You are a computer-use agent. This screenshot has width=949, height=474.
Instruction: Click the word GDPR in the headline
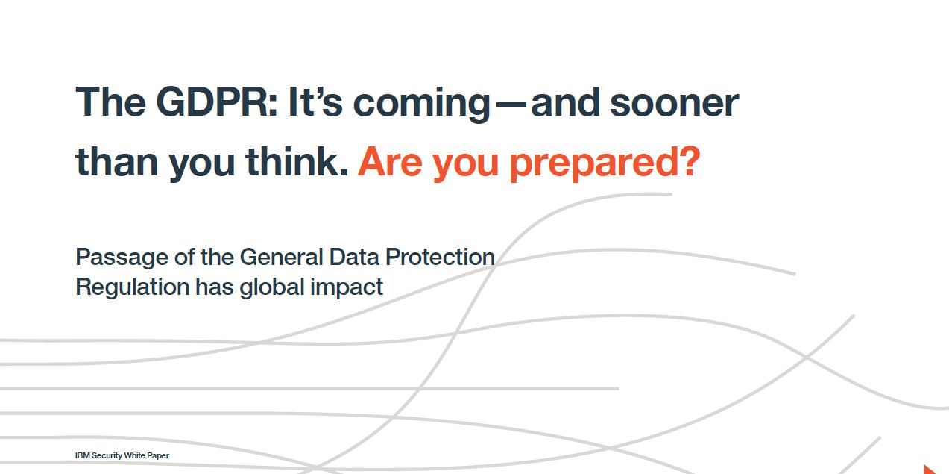pos(216,102)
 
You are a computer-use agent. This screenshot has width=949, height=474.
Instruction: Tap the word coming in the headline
pos(421,105)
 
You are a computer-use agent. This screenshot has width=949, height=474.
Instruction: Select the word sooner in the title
pos(675,105)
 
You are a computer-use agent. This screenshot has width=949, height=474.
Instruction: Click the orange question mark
pos(690,161)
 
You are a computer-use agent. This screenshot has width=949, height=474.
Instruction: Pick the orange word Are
pos(390,162)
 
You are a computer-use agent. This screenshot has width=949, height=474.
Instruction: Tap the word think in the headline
pos(297,160)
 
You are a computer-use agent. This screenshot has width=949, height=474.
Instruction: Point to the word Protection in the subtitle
pos(440,258)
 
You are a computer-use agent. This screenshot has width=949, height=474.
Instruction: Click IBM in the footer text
pos(82,455)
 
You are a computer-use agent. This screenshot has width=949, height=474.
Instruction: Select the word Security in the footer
pos(107,456)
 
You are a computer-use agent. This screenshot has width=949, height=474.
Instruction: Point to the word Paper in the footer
pos(158,456)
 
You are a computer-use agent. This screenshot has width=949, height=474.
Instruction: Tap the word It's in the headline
pos(315,102)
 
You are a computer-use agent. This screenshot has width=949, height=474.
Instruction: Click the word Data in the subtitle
pos(354,258)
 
